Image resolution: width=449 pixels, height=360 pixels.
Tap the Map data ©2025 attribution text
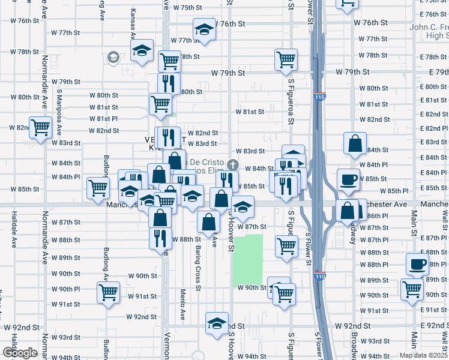423,355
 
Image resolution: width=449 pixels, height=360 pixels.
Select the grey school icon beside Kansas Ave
112,58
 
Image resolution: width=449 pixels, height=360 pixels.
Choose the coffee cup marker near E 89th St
417,263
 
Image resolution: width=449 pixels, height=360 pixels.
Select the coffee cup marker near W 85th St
348,179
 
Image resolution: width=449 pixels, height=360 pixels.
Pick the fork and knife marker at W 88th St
160,237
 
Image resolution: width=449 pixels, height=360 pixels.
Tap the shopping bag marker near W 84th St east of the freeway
355,143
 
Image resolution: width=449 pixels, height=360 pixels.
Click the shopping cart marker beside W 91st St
109,293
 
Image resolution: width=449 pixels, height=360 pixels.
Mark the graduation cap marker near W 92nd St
217,323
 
